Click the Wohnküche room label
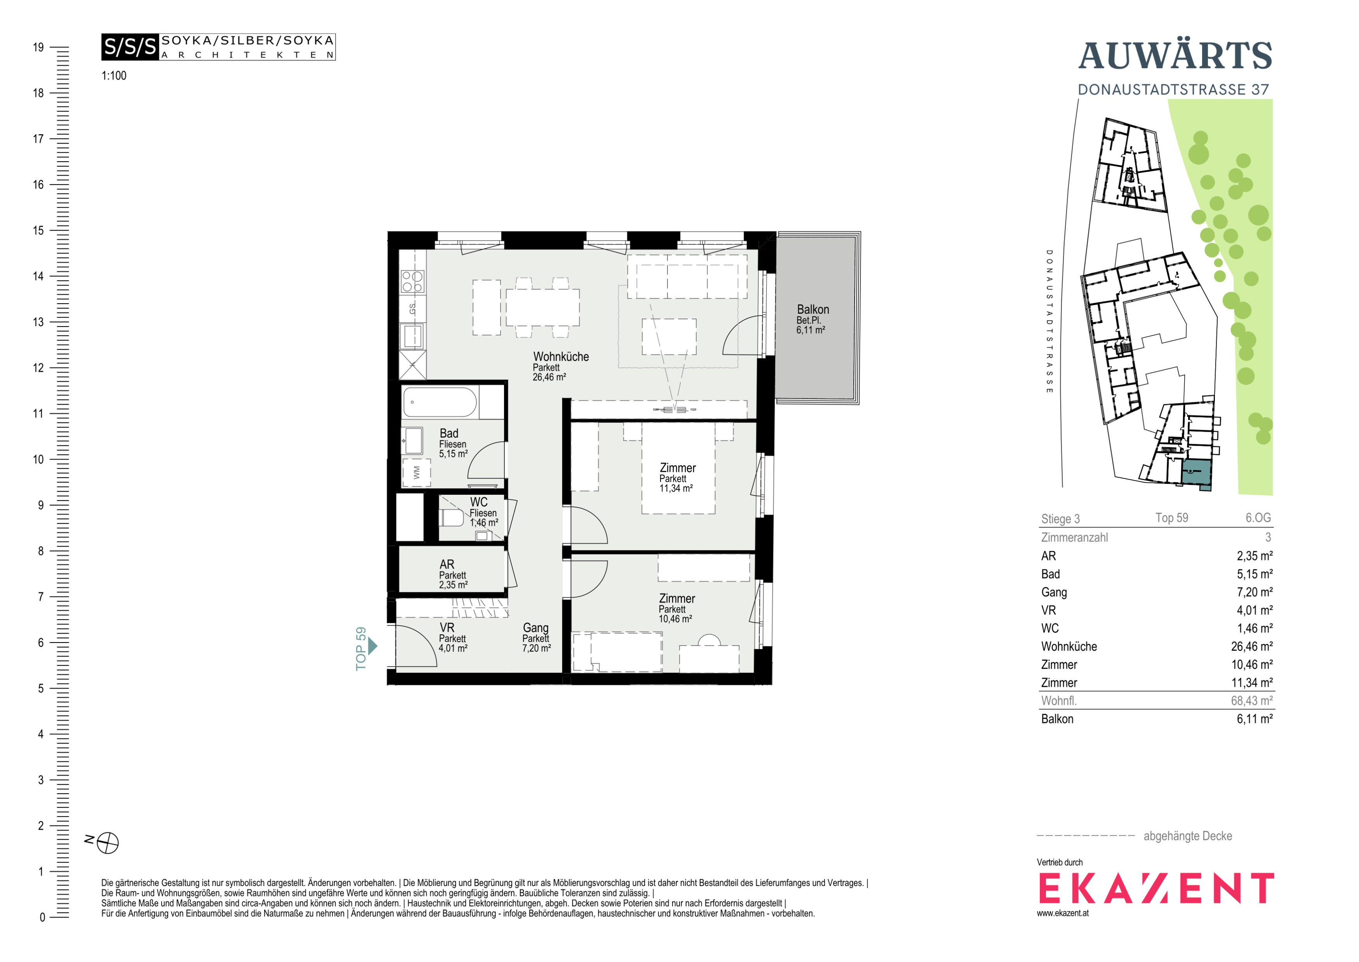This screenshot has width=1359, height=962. point(561,356)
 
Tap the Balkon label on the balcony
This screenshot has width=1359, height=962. point(813,309)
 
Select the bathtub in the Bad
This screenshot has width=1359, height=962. point(440,402)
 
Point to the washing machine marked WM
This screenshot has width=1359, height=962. point(416,472)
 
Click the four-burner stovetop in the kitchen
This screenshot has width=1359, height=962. point(412,281)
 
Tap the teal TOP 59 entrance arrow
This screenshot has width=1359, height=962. point(372,646)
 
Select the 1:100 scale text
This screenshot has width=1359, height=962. point(114,76)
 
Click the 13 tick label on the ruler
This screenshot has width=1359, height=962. point(38,322)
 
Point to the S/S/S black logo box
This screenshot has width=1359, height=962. point(130,47)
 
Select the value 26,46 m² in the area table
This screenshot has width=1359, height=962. point(1252,646)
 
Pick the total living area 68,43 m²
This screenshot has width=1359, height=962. point(1252,701)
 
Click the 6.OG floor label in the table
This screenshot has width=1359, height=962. point(1258,518)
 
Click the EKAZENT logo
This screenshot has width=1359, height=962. point(1156,888)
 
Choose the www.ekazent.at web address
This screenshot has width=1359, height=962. point(1062,913)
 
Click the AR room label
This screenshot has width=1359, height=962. point(447,564)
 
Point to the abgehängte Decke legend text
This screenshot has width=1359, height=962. point(1187,836)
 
